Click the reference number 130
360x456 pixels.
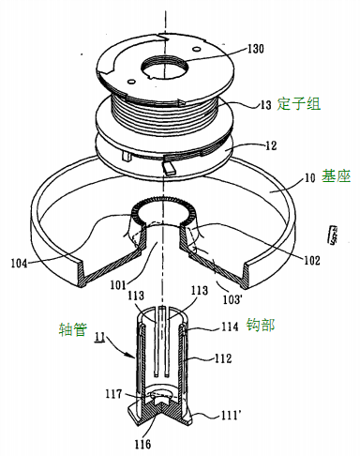(255, 49)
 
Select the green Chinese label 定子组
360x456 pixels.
(298, 104)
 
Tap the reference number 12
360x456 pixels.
(271, 145)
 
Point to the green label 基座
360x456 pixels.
(336, 176)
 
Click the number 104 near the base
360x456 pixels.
(20, 264)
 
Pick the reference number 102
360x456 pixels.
(311, 260)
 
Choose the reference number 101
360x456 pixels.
(118, 285)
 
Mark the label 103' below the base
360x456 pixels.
(232, 299)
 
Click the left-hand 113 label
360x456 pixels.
(136, 296)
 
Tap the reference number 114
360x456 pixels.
(231, 327)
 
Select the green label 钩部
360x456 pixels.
(261, 325)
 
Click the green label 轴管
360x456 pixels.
(73, 329)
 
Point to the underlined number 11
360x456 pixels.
(99, 338)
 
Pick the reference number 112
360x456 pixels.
(222, 358)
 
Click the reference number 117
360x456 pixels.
(113, 394)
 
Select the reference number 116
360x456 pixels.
(142, 444)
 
